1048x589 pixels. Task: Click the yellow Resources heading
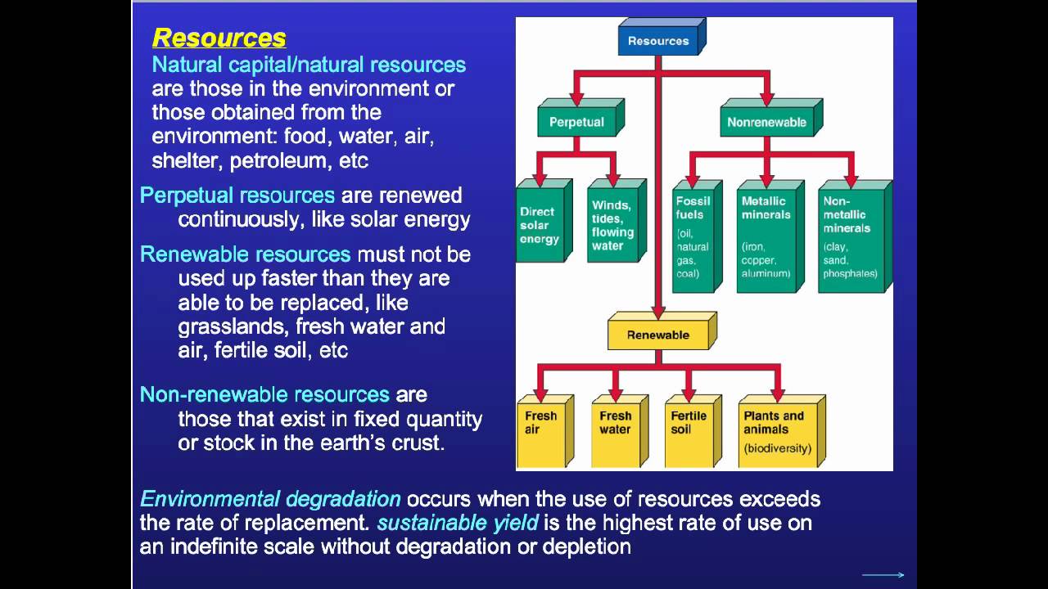pyautogui.click(x=219, y=38)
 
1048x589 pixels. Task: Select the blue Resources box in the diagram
pyautogui.click(x=658, y=41)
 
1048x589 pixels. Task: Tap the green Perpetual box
pyautogui.click(x=576, y=123)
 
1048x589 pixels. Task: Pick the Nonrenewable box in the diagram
pyautogui.click(x=766, y=123)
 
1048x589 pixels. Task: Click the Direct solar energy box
pyautogui.click(x=539, y=225)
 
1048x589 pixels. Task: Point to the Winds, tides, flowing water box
pyautogui.click(x=612, y=225)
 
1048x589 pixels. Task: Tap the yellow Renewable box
pyautogui.click(x=657, y=335)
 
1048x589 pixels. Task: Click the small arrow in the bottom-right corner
pyautogui.click(x=883, y=575)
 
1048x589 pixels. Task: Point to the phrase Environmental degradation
pyautogui.click(x=270, y=499)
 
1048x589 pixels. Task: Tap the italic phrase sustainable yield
pyautogui.click(x=457, y=523)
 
